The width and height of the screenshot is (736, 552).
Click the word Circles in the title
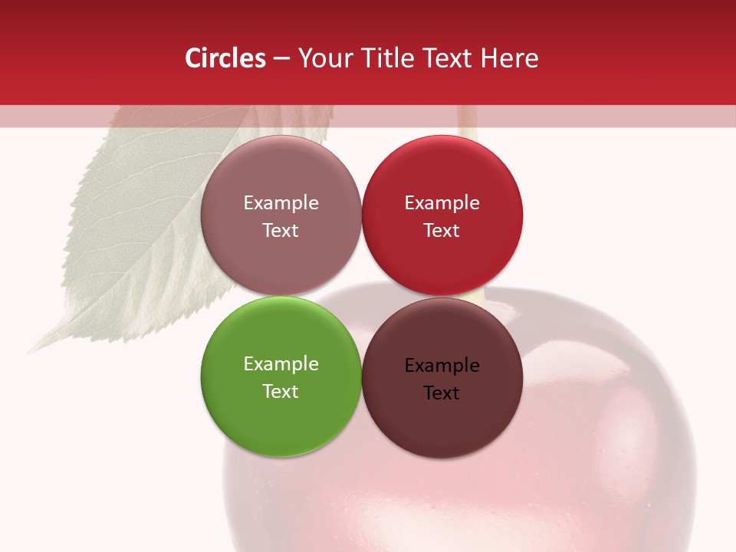225,58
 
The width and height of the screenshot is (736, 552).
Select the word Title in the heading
389,58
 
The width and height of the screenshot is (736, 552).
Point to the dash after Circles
281,59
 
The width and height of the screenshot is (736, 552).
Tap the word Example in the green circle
281,364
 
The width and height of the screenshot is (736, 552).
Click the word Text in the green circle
281,391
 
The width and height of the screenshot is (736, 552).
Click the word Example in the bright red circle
442,203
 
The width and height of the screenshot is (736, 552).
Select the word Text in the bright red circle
442,230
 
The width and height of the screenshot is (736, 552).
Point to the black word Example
442,366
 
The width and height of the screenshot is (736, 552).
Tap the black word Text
442,393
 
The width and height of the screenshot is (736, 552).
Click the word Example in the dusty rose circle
281,203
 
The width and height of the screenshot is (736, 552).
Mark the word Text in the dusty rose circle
281,230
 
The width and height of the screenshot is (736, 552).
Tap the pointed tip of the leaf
31,352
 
